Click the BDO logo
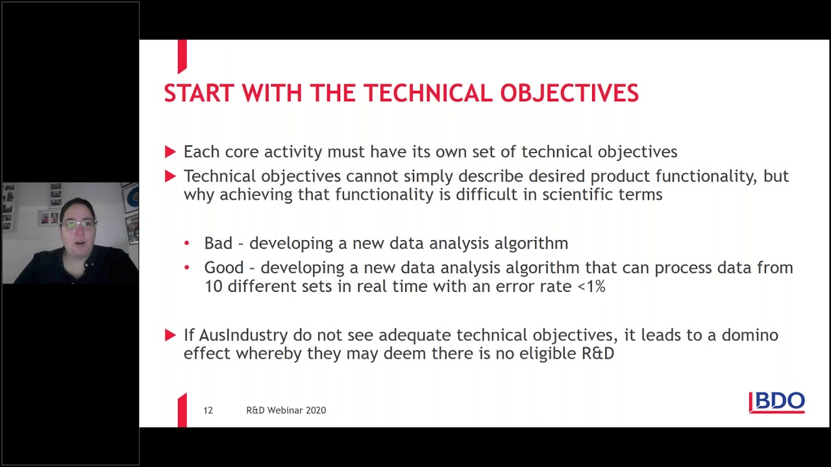[777, 402]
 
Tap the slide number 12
[208, 411]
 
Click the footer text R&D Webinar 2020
[286, 411]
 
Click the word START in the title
[199, 93]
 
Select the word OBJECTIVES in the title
[569, 93]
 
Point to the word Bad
[218, 243]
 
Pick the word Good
[224, 268]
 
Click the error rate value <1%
[591, 286]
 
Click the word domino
[750, 335]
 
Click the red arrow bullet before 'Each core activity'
[170, 152]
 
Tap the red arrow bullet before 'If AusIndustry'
[170, 335]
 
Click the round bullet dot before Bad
[187, 244]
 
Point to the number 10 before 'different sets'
[213, 286]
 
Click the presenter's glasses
[79, 224]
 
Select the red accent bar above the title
[182, 56]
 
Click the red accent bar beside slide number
[182, 411]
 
